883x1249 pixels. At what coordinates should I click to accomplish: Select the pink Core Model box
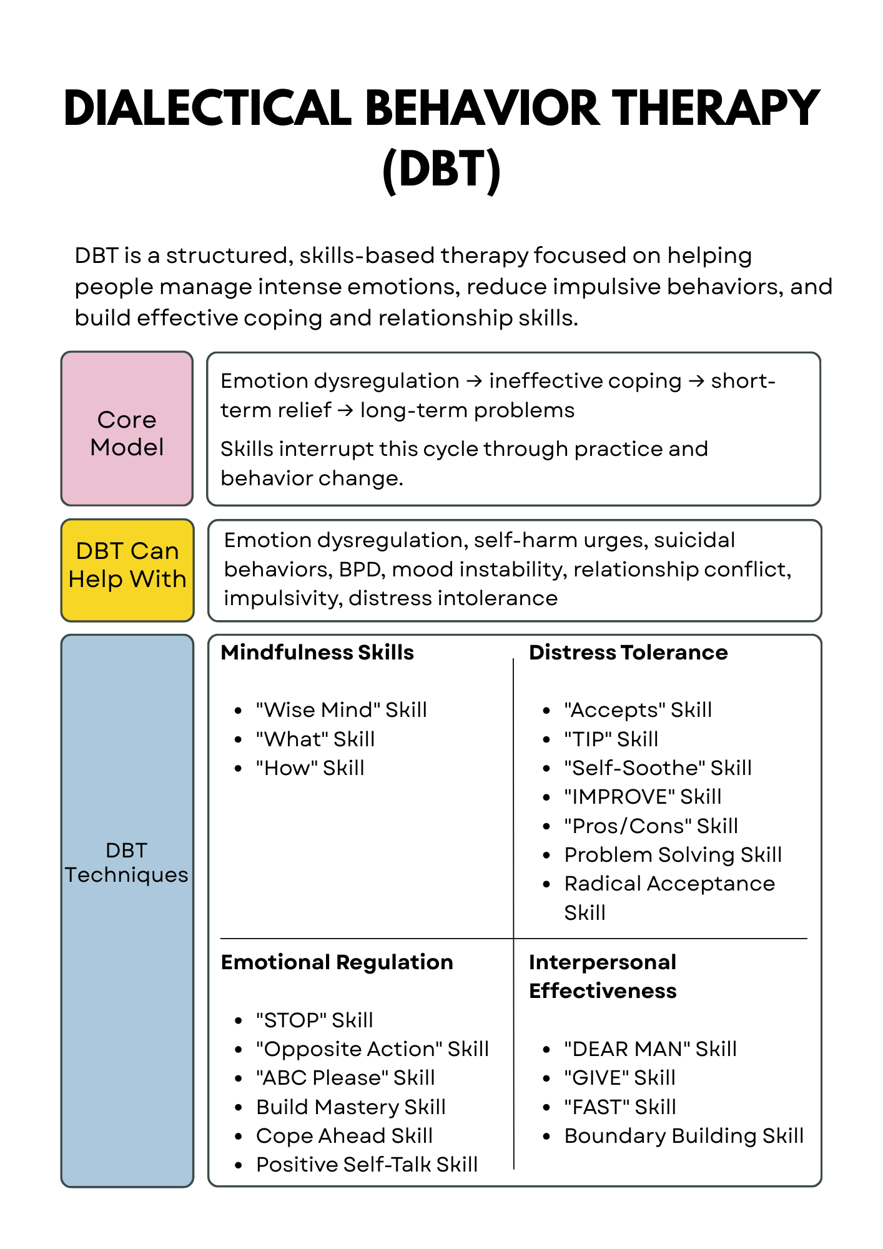[127, 428]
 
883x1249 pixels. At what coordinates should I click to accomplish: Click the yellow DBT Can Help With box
[127, 570]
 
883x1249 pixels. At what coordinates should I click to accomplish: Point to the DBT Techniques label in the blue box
[127, 862]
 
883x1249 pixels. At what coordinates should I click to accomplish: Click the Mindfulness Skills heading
[317, 653]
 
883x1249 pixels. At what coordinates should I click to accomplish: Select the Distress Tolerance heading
[628, 653]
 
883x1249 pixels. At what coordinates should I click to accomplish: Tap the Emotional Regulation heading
[337, 962]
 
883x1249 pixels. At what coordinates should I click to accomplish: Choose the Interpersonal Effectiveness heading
[603, 977]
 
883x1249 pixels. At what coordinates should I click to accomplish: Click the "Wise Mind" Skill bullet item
[341, 710]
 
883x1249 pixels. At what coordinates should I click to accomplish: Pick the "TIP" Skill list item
[611, 739]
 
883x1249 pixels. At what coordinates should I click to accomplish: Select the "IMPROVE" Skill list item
[643, 797]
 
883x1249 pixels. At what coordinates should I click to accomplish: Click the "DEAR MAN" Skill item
[650, 1049]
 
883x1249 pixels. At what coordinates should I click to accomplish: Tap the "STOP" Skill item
[314, 1020]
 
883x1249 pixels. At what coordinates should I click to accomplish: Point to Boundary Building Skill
[684, 1136]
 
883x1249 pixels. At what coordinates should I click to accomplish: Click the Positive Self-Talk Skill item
[367, 1165]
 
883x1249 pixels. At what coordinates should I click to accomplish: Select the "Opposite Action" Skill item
[372, 1049]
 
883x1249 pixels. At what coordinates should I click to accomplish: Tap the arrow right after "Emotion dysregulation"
[475, 381]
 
